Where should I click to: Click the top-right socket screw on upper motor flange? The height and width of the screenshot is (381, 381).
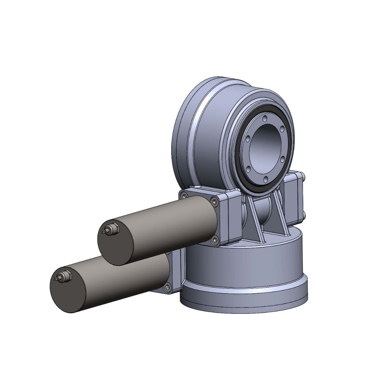tap(214, 201)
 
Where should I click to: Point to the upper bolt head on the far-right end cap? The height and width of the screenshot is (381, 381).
tap(303, 176)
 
